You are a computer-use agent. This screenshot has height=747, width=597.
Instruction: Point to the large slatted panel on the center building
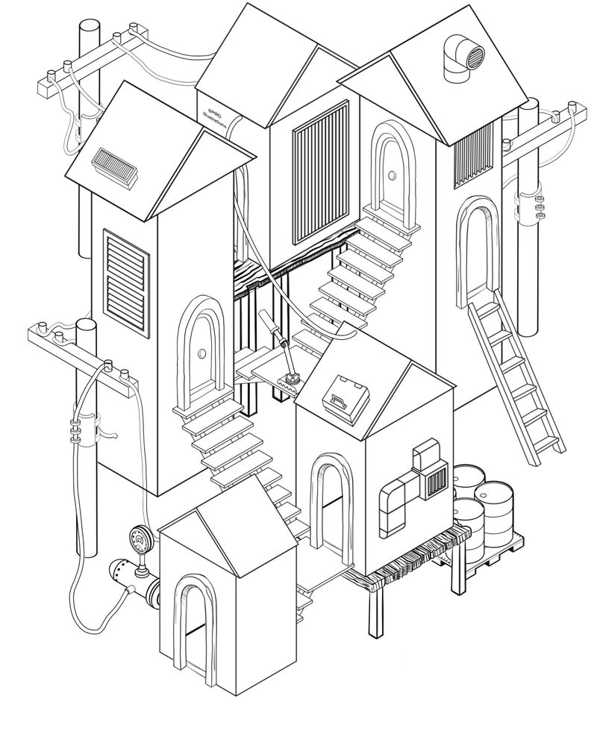(320, 173)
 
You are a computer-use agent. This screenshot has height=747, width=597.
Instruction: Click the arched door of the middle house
(329, 508)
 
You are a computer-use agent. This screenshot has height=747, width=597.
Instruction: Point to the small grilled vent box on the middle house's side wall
(434, 483)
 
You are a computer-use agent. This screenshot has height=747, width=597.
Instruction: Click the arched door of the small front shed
(192, 627)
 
